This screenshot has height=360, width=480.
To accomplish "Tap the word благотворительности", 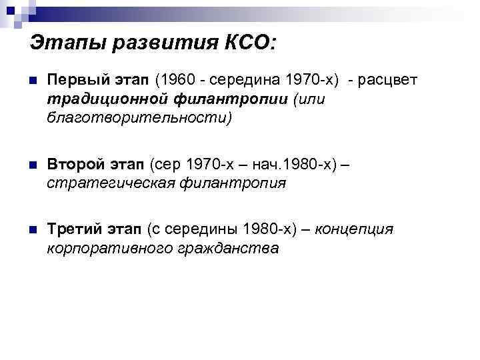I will point(137,118).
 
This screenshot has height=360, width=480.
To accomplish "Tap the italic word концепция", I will point(354,229).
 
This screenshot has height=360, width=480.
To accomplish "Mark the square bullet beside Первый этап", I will point(32,81).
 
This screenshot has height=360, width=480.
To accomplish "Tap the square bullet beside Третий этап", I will point(32,230).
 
